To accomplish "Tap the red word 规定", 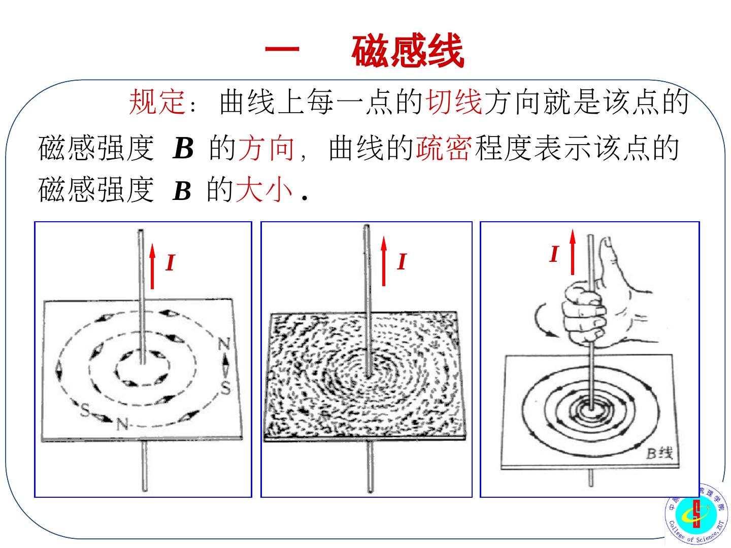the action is click(157, 101).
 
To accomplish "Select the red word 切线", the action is click(454, 101).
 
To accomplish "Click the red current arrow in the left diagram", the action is click(152, 266).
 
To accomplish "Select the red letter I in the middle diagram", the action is click(402, 261).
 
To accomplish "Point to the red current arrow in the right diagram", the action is click(573, 252).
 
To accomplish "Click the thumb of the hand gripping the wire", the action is click(609, 263).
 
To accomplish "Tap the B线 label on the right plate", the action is click(659, 453).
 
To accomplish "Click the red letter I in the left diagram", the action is click(170, 262).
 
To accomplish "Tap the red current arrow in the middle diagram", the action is click(384, 261).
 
